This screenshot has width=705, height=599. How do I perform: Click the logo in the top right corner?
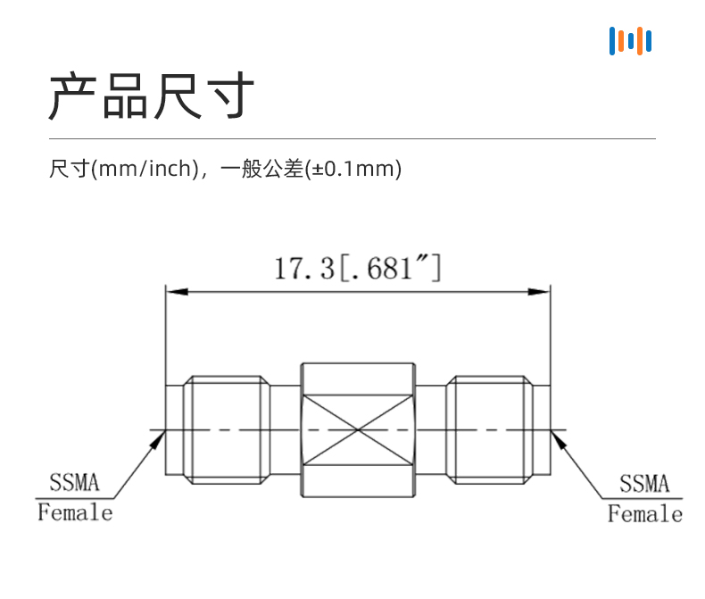pos(630,41)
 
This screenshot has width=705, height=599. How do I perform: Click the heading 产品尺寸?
pos(152,96)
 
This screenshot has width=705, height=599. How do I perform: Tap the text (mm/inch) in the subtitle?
pos(145,169)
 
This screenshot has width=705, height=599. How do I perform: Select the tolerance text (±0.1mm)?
pos(353,169)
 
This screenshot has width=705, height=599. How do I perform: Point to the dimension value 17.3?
pos(304,269)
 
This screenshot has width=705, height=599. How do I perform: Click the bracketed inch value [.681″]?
pos(390,268)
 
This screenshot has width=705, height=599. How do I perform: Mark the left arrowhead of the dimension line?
pos(178,292)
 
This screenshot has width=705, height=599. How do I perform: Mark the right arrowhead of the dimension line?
pos(538,292)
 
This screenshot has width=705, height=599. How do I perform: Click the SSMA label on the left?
pos(74,483)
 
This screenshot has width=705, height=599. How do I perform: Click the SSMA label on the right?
pos(644,484)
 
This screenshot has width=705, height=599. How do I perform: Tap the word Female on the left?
pos(75,512)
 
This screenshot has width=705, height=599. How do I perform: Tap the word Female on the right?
pos(645,513)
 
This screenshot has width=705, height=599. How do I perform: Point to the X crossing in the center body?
pos(358,430)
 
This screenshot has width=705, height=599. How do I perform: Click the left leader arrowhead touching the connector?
pos(158,439)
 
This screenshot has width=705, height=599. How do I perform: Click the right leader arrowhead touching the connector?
pos(558,439)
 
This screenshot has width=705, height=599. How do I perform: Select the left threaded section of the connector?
pos(227,430)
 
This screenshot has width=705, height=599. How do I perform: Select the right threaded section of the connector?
pos(490,430)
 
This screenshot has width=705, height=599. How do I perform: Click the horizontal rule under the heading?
pos(352,138)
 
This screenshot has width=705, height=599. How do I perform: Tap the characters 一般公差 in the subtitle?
pos(261,169)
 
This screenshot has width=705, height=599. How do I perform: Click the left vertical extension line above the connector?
pos(165,335)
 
